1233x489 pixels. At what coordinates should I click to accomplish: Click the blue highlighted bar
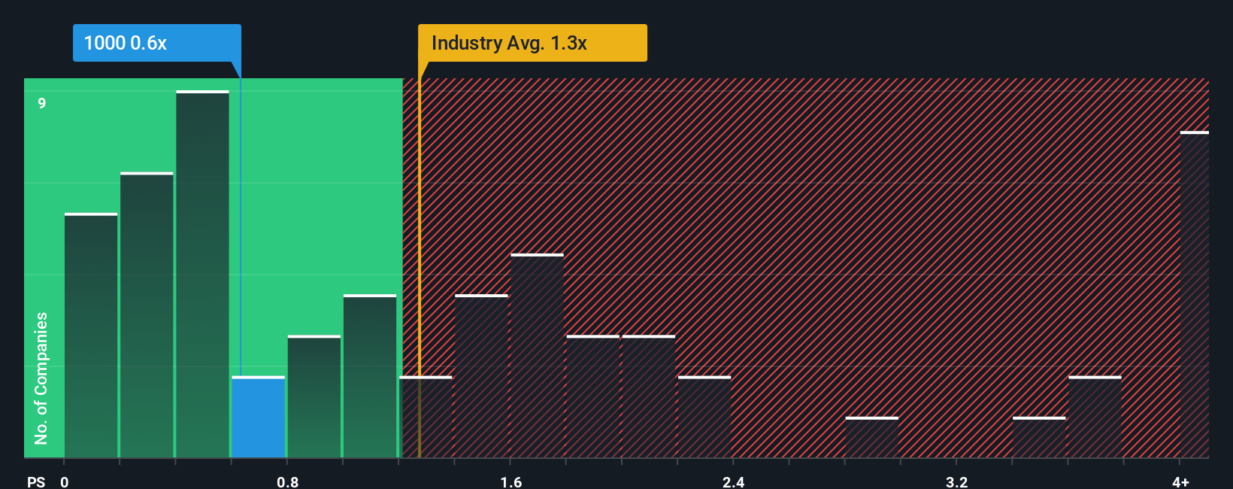[x=259, y=417]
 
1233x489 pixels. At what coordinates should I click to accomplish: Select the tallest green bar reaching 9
[x=202, y=275]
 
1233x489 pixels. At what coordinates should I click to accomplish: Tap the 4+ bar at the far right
[x=1194, y=295]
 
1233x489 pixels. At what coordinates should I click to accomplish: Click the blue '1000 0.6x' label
[x=156, y=43]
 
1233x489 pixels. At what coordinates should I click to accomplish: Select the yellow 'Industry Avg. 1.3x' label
[x=532, y=43]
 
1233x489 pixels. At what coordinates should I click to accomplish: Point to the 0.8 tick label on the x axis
[x=287, y=481]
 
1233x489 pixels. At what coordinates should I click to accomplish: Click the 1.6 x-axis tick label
[x=510, y=481]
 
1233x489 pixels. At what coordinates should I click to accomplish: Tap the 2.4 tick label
[x=733, y=481]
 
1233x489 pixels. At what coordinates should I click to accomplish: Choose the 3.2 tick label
[x=956, y=481]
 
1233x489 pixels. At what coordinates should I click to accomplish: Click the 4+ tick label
[x=1180, y=481]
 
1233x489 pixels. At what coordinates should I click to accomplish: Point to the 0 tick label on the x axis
[x=65, y=481]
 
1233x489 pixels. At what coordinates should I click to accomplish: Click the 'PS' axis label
[x=36, y=481]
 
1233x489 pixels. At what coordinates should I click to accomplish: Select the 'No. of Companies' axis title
[x=41, y=378]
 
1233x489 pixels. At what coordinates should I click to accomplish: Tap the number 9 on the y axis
[x=42, y=103]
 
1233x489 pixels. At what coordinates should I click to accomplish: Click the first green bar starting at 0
[x=91, y=336]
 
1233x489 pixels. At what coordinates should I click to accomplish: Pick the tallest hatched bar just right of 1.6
[x=537, y=356]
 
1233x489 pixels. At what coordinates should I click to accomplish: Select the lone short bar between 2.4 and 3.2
[x=871, y=438]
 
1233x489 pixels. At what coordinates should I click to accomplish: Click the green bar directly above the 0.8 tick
[x=314, y=396]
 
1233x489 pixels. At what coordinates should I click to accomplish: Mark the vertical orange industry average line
[x=420, y=263]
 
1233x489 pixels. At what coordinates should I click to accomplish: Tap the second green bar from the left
[x=147, y=315]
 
